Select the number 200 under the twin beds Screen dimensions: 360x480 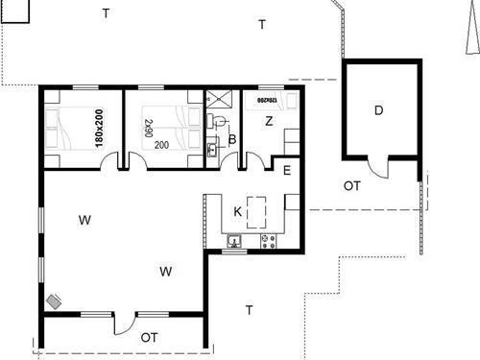coord(161,146)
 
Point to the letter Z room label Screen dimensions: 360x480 coord(270,121)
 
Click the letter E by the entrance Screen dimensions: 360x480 coord(287,171)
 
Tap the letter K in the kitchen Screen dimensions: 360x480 coord(238,211)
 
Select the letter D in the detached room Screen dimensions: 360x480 coord(379,110)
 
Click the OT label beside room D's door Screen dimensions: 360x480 coord(352,185)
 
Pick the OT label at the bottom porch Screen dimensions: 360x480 coord(149,337)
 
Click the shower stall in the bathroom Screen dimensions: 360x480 coord(220,100)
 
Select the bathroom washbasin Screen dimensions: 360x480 coord(211,150)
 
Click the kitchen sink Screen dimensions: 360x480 coord(236,239)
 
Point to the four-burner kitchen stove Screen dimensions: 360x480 coord(266,239)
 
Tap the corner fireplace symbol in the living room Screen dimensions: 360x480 coord(54,300)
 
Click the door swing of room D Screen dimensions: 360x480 coord(381,172)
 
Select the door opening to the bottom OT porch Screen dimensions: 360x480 coord(124,324)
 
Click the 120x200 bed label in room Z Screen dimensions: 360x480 coord(267,99)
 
